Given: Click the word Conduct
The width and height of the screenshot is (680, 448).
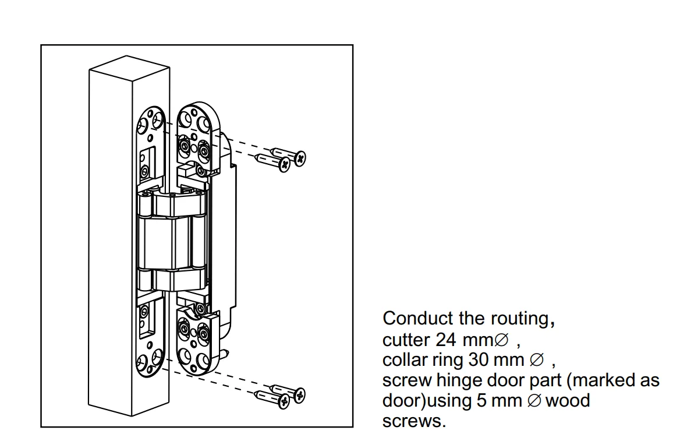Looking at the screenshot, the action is point(417,319).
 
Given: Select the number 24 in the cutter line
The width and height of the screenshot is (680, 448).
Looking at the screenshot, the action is point(446,340).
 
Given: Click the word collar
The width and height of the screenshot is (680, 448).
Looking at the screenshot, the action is point(405,360).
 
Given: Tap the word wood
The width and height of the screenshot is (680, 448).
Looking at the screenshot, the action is point(568,401).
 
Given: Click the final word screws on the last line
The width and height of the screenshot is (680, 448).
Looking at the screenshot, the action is point(414,421).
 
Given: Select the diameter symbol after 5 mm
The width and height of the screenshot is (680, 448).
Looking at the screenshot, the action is point(534,401).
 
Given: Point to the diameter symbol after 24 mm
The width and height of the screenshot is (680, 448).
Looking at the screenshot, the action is point(501,340).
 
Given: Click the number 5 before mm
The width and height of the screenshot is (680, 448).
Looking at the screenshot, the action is point(481,401).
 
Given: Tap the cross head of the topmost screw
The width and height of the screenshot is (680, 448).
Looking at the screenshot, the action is point(300,158).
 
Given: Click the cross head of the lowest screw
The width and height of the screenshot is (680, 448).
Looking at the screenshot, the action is point(284,401).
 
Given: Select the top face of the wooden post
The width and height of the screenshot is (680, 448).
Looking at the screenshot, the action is point(129,68).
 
